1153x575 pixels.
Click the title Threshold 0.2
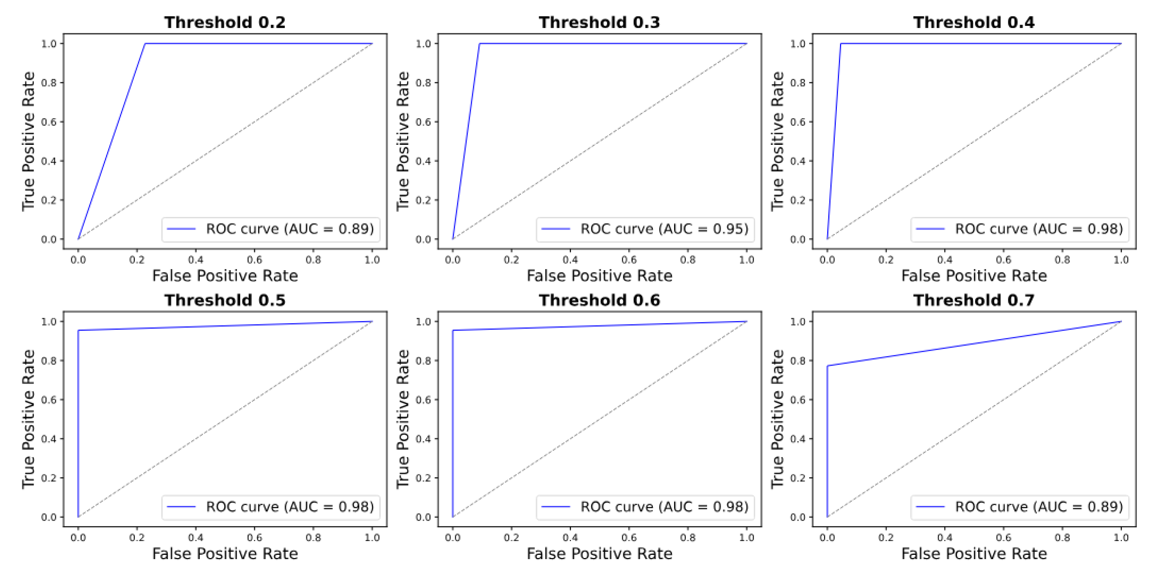click(225, 22)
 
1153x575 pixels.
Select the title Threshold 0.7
click(974, 300)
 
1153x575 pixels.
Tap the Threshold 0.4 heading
click(974, 22)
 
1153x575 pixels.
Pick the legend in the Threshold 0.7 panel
click(1020, 507)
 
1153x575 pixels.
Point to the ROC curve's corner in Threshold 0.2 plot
click(145, 44)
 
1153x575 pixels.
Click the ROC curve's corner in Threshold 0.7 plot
click(827, 366)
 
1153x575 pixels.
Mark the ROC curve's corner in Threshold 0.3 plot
click(479, 44)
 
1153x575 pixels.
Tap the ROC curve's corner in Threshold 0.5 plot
click(78, 331)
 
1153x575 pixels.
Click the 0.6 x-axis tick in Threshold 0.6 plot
click(629, 538)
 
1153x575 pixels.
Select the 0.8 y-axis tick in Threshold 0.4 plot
click(798, 83)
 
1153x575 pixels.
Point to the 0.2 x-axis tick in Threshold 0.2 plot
click(137, 260)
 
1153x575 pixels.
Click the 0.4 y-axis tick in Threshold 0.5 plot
click(49, 439)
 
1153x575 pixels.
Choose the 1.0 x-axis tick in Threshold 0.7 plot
click(1121, 538)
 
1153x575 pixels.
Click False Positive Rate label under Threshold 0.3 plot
click(599, 276)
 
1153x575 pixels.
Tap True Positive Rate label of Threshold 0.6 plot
click(403, 419)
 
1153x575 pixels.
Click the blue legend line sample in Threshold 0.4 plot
click(930, 229)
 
